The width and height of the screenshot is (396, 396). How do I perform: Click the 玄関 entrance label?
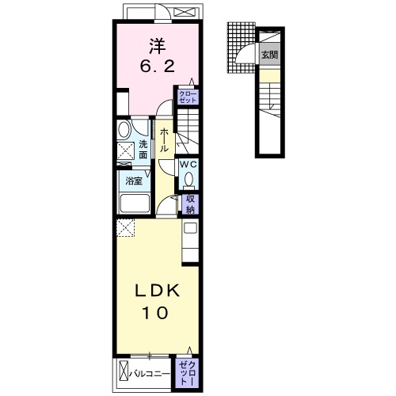pos(269,55)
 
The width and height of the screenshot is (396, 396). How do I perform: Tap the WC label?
pos(188,164)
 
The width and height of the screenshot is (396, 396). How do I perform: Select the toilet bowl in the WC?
pos(188,180)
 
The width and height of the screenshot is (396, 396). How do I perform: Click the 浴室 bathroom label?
pos(134,181)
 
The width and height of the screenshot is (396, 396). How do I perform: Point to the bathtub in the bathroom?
pos(135,204)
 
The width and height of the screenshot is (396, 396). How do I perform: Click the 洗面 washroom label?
pos(143,150)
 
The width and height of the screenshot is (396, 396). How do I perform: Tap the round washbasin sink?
pos(124,130)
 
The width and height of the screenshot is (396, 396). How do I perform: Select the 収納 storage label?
pos(190,204)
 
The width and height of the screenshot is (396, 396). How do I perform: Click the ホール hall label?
pos(164,139)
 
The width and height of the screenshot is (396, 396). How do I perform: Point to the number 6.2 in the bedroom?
pos(158,67)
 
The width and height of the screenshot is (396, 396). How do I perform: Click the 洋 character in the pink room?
pos(158,47)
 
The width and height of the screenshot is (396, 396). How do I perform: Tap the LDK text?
pos(158,291)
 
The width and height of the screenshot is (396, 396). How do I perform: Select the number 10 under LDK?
pos(155,313)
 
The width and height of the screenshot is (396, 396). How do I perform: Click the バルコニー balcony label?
pos(150,374)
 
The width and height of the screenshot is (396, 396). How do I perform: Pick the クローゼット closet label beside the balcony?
pos(188,373)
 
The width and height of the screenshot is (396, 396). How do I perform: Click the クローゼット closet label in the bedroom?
pos(188,97)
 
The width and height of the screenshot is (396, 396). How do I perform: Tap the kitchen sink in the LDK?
pos(190,228)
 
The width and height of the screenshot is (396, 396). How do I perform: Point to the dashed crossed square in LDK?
pos(126,227)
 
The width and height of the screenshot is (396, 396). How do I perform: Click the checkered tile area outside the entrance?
pos(241,48)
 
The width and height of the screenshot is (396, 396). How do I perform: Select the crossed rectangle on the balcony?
pos(124,374)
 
